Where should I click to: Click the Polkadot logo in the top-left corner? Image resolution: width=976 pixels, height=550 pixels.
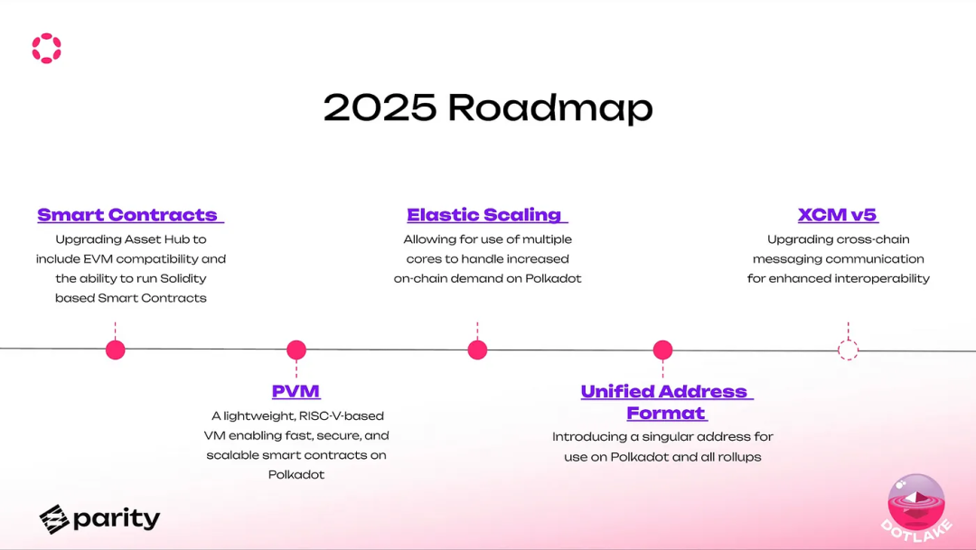[47, 48]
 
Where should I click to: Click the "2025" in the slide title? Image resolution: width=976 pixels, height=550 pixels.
[380, 107]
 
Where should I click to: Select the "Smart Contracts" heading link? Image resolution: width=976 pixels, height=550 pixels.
[127, 215]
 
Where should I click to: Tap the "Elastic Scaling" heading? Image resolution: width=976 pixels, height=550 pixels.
[484, 215]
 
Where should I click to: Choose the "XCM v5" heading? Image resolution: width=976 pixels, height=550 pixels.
[838, 215]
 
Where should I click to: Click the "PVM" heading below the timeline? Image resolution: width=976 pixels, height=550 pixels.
[296, 391]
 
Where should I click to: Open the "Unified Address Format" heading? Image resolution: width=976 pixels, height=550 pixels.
[665, 402]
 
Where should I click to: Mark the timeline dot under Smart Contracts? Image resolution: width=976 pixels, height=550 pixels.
[115, 350]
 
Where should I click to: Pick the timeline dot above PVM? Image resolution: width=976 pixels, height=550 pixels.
[296, 350]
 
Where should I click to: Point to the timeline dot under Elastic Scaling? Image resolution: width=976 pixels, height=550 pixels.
[477, 350]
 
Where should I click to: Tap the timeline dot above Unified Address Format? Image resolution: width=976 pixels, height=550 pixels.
[663, 350]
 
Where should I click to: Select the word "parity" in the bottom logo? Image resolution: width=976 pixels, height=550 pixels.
[117, 519]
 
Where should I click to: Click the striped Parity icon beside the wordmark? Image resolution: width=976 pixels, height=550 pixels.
[54, 519]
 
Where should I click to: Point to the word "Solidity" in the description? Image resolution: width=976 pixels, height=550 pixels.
[183, 279]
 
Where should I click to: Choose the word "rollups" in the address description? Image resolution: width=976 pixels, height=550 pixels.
[739, 457]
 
